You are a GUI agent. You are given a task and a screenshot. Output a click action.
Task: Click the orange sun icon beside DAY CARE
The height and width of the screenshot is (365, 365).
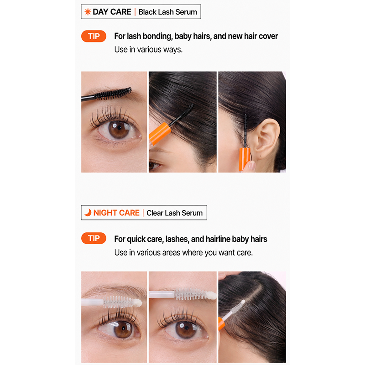click(x=88, y=12)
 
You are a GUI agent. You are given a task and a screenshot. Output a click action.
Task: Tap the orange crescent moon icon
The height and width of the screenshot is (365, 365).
click(x=88, y=213)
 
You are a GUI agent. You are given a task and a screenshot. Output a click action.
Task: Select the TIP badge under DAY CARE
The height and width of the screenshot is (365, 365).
click(x=94, y=36)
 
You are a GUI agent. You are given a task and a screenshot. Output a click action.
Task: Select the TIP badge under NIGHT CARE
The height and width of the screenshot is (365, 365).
click(x=94, y=238)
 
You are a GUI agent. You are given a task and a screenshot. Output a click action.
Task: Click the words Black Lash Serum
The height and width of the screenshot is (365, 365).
click(x=167, y=12)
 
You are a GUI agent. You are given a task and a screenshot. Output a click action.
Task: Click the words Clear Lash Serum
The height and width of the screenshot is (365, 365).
click(x=175, y=213)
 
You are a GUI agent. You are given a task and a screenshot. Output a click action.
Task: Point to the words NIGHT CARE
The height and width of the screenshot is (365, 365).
click(x=116, y=213)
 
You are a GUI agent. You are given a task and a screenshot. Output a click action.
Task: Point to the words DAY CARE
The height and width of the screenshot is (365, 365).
click(x=112, y=12)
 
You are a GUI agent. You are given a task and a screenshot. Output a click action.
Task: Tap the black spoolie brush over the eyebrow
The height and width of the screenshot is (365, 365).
click(x=113, y=94)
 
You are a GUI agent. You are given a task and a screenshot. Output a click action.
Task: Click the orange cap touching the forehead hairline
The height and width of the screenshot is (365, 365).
click(x=160, y=133)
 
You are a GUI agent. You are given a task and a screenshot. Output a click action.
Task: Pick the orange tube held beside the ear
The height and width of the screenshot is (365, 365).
click(x=245, y=159)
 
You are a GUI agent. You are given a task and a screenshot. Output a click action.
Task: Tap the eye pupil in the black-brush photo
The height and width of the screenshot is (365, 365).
click(x=120, y=128)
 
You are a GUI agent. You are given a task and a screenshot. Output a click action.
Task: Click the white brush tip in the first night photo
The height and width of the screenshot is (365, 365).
click(x=137, y=302)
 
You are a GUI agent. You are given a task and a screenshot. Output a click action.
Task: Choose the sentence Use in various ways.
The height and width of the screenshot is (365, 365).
click(x=148, y=50)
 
